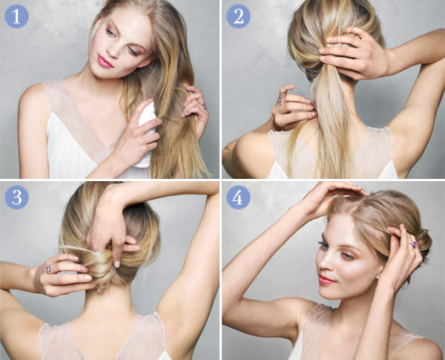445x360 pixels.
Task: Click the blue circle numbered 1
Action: [16, 16]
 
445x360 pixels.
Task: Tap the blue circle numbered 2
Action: [238, 16]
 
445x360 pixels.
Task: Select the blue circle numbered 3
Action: [16, 197]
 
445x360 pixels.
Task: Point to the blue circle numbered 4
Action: [238, 197]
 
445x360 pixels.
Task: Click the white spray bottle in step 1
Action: [146, 134]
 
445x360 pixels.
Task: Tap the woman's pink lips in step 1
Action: [104, 62]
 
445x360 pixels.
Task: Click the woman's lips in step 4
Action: [326, 280]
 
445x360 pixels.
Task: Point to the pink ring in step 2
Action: [280, 99]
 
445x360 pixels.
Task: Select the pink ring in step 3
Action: [50, 269]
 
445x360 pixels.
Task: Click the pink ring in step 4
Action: [413, 244]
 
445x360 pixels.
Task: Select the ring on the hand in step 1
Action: [204, 107]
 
